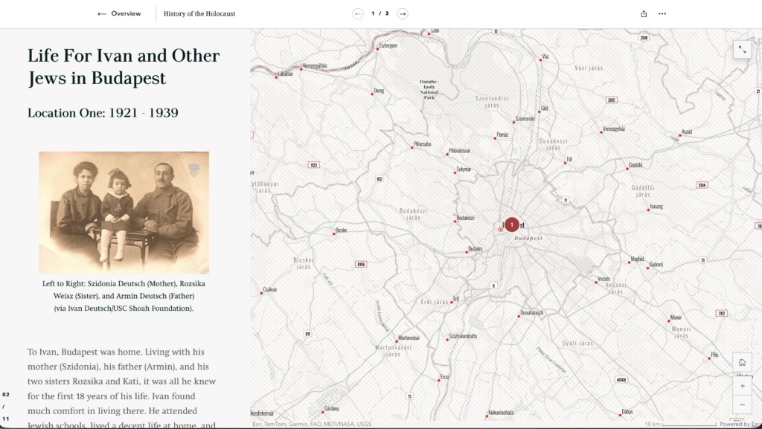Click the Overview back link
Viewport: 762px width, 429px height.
pyautogui.click(x=119, y=13)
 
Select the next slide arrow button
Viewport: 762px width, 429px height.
pyautogui.click(x=403, y=13)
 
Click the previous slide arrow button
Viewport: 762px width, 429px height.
pyautogui.click(x=358, y=13)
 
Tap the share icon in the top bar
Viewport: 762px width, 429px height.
pyautogui.click(x=644, y=13)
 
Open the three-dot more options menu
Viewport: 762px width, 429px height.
pyautogui.click(x=662, y=13)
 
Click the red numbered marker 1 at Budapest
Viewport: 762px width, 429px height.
pyautogui.click(x=512, y=225)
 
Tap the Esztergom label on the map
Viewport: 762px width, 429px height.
pyautogui.click(x=389, y=45)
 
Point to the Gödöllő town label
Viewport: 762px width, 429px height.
pyautogui.click(x=635, y=165)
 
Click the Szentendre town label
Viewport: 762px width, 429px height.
pyautogui.click(x=525, y=119)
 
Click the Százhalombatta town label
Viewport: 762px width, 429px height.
pyautogui.click(x=463, y=336)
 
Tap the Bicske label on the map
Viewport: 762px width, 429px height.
pyautogui.click(x=342, y=230)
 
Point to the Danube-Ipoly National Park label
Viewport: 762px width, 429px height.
pyautogui.click(x=429, y=88)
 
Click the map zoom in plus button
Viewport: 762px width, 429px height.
pyautogui.click(x=742, y=386)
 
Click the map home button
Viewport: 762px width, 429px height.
pyautogui.click(x=742, y=362)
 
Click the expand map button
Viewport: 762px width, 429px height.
pyautogui.click(x=742, y=50)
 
